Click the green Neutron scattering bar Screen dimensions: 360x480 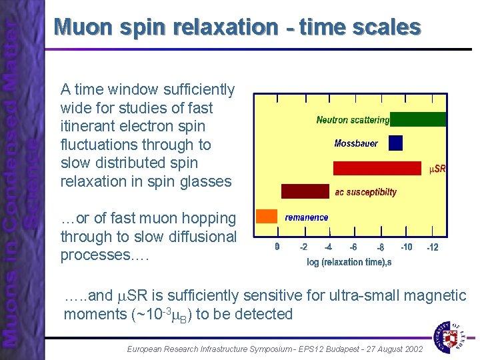[418, 120]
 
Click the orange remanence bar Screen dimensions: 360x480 [267, 216]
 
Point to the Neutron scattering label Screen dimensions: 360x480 [353, 121]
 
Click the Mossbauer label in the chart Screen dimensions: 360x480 [356, 143]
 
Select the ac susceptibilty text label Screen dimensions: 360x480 [365, 193]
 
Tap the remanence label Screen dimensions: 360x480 [307, 217]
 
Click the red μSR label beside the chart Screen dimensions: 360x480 [437, 169]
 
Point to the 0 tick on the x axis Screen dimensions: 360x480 [277, 247]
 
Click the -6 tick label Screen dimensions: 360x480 [353, 247]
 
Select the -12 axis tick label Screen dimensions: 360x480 [433, 247]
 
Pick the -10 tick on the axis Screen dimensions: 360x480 [406, 247]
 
